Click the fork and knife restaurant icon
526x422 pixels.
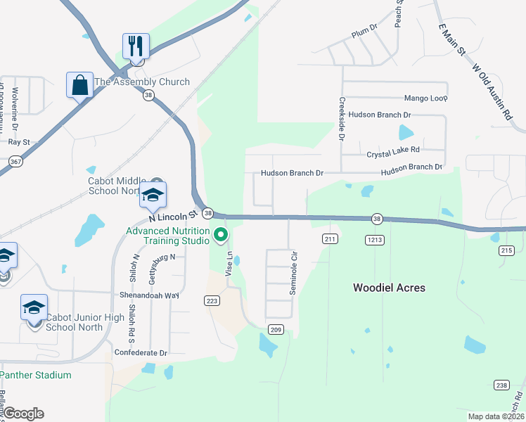136,46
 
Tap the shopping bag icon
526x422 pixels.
80,85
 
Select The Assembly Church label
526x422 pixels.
141,82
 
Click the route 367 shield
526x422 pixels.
15,162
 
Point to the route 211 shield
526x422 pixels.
331,239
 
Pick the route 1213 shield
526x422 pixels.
374,240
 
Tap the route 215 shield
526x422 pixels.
506,250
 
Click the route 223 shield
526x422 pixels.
212,300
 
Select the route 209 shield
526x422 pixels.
276,329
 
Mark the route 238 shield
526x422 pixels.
501,385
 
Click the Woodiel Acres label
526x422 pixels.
389,288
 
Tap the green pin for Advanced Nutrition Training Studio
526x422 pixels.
222,234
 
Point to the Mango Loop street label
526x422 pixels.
425,98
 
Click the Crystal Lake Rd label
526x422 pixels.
392,151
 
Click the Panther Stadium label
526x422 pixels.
36,375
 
